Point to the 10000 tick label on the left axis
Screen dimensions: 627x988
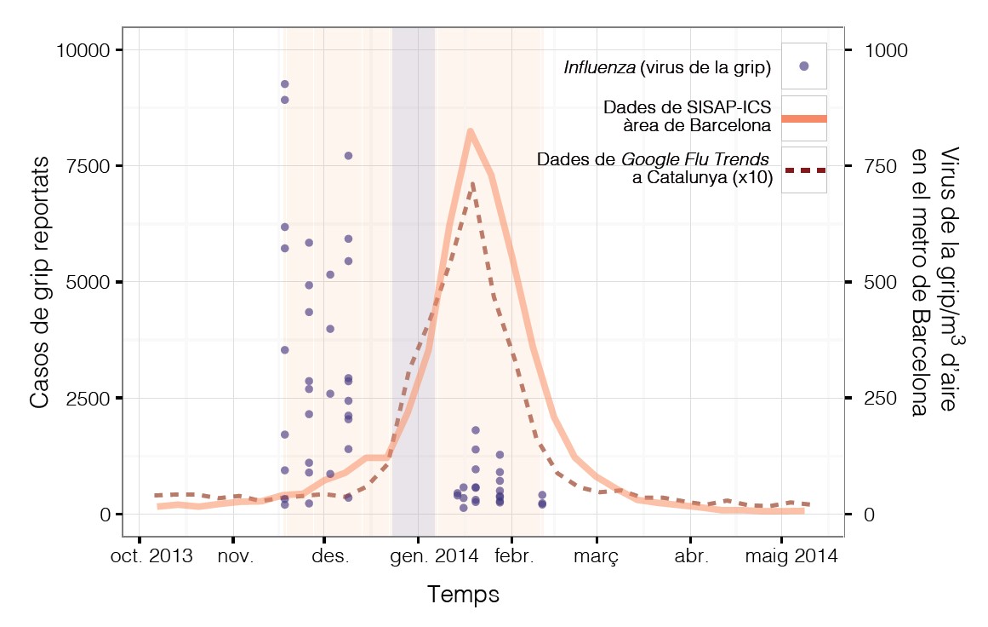(x=83, y=50)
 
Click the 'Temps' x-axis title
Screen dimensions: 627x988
(x=463, y=595)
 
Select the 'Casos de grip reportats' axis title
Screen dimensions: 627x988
(x=40, y=282)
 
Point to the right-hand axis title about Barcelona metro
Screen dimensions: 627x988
(x=934, y=282)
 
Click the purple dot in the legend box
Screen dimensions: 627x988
(x=803, y=66)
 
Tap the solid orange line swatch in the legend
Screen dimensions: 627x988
(x=803, y=118)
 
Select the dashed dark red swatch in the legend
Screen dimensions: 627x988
(x=803, y=170)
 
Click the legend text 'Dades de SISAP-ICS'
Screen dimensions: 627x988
(x=687, y=108)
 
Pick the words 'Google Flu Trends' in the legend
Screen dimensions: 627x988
(x=695, y=160)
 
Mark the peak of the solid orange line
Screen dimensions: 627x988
(x=470, y=130)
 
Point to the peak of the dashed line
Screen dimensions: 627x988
(x=472, y=183)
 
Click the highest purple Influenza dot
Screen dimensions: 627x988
(x=285, y=83)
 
